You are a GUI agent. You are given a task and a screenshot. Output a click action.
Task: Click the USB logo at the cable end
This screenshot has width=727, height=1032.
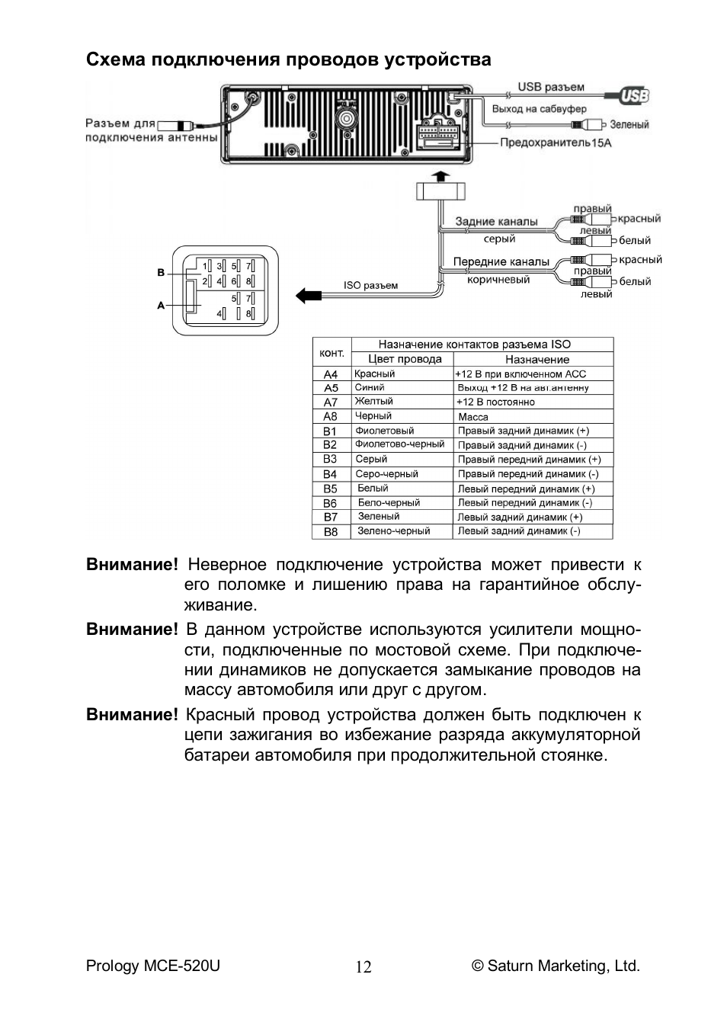click(x=634, y=95)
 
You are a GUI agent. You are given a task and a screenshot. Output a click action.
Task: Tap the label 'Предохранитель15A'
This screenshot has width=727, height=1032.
click(x=556, y=143)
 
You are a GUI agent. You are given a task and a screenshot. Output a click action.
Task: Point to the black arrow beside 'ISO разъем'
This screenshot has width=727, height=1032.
click(x=308, y=295)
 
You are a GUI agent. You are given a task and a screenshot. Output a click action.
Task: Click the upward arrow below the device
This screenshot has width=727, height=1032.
click(x=441, y=177)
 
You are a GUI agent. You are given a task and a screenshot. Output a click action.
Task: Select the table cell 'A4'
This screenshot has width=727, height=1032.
click(x=331, y=374)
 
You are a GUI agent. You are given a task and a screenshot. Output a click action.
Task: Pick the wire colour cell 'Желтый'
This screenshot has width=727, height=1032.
click(x=373, y=401)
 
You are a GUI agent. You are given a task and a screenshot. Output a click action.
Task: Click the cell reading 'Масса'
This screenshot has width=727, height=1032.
click(x=473, y=417)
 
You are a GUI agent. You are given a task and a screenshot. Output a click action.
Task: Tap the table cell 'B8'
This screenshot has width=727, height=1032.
click(x=331, y=532)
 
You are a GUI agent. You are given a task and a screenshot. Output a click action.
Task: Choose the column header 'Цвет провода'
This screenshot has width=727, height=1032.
click(x=405, y=359)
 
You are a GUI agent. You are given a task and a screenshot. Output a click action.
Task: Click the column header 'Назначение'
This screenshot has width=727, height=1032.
click(x=537, y=359)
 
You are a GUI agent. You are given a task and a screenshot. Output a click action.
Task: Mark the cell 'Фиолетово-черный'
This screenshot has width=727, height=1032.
click(x=399, y=444)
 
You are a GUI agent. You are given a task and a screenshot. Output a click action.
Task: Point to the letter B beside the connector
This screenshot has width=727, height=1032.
click(x=161, y=272)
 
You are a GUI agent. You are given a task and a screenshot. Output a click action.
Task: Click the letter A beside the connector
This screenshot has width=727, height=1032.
click(x=161, y=306)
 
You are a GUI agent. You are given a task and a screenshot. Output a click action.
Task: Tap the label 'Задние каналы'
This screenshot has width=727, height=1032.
click(x=497, y=222)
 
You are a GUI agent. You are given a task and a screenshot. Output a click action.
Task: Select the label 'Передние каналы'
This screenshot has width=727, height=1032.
click(x=501, y=261)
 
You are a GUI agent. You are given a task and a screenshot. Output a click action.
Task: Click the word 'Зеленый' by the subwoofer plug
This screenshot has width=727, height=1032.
click(x=629, y=124)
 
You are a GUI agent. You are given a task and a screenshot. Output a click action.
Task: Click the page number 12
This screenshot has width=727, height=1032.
click(x=363, y=966)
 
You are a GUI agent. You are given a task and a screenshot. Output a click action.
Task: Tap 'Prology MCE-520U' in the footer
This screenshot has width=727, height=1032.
click(x=153, y=966)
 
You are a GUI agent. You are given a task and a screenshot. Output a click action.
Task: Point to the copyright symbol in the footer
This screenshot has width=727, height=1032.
click(x=477, y=966)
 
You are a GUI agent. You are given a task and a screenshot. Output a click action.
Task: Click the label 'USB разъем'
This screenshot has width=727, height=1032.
click(x=551, y=87)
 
